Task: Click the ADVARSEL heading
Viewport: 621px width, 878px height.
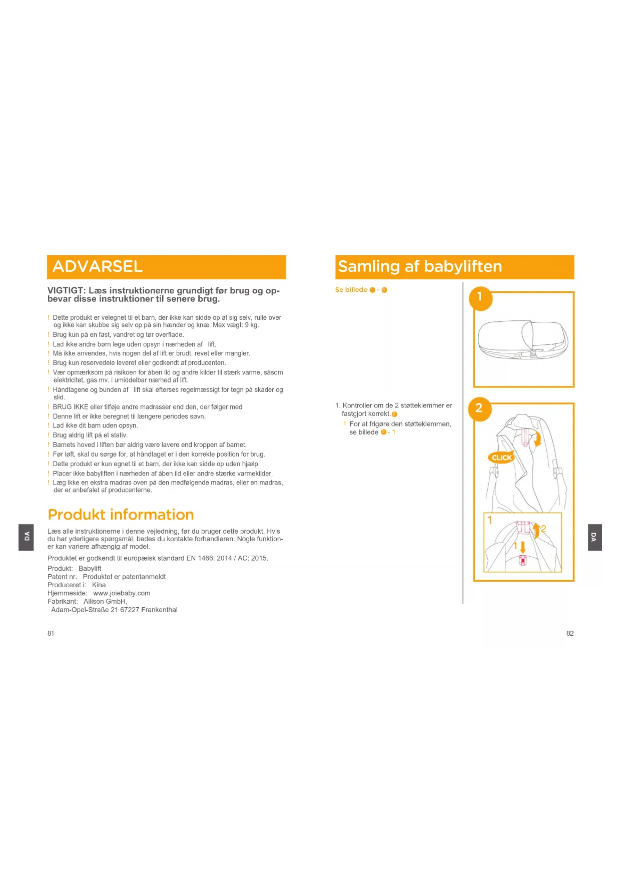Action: (98, 266)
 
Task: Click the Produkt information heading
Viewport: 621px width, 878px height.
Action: (121, 515)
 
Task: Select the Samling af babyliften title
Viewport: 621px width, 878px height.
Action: (420, 266)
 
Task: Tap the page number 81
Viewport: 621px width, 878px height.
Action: (51, 633)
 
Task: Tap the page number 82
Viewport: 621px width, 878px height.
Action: (569, 633)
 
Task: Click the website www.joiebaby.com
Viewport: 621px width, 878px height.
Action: (122, 593)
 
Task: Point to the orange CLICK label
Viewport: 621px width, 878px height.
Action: (501, 458)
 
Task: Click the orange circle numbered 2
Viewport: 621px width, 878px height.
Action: (479, 408)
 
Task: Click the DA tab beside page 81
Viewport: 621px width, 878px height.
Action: (27, 537)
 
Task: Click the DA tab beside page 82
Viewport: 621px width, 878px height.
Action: (594, 537)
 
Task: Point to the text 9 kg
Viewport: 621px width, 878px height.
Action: (251, 325)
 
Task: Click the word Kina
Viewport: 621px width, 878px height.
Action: (99, 585)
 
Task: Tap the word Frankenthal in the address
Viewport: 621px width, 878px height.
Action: (159, 610)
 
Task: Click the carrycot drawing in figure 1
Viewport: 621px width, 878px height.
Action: (522, 340)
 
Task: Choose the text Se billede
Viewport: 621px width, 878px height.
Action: (351, 290)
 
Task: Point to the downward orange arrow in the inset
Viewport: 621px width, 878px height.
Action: (523, 547)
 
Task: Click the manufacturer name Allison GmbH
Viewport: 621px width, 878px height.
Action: (105, 601)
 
